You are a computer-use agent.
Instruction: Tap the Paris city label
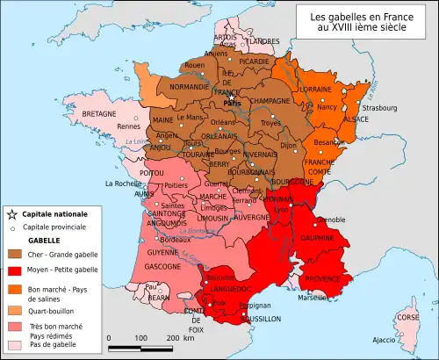tap(233, 103)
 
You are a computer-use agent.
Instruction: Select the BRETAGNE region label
tap(100, 115)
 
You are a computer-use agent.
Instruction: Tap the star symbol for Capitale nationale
tap(11, 213)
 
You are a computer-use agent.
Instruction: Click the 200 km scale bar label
tap(174, 337)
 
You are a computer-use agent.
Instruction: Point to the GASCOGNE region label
tap(158, 265)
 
